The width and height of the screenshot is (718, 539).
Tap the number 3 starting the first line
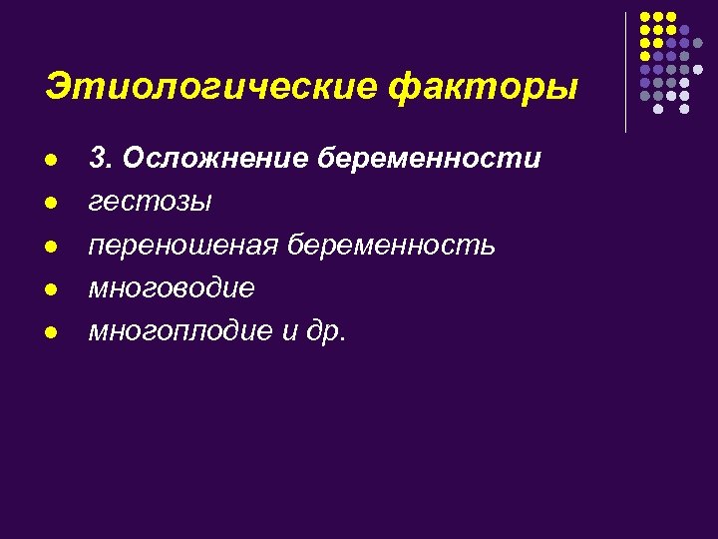tap(98, 158)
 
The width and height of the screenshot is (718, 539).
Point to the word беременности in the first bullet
tap(432, 158)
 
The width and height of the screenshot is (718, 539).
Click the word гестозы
tap(150, 202)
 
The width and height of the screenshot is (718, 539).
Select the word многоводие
tap(172, 287)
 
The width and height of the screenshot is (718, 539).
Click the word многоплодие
tap(180, 331)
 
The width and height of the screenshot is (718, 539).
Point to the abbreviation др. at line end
tap(326, 331)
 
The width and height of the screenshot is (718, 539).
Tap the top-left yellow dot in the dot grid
tap(645, 18)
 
